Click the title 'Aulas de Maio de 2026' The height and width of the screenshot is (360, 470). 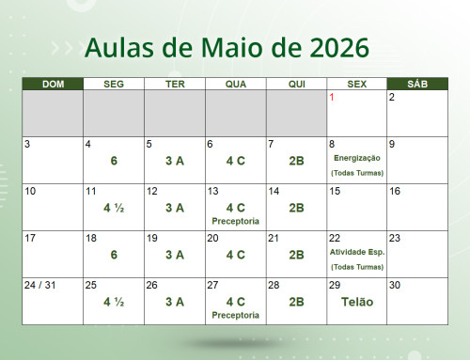[227, 46]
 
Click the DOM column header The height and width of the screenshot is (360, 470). [53, 85]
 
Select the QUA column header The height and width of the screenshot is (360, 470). [235, 85]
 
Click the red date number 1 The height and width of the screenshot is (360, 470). [332, 97]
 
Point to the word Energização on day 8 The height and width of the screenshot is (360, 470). [356, 158]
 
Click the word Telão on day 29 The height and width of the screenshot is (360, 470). [356, 302]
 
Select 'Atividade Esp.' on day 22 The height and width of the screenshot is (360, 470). [356, 252]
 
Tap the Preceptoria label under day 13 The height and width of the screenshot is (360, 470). [235, 221]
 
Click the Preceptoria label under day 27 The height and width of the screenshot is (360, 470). [235, 315]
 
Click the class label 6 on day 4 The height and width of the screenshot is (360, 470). [114, 161]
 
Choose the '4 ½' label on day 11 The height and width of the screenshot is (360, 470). [114, 208]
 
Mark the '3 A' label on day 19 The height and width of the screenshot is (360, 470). [174, 255]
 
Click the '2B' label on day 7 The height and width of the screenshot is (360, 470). [296, 161]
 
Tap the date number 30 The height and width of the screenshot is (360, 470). [395, 285]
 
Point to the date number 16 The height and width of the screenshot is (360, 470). [395, 191]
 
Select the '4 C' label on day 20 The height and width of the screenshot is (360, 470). [235, 255]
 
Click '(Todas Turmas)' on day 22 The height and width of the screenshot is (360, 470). [356, 267]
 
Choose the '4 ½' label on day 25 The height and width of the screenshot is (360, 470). [114, 302]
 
